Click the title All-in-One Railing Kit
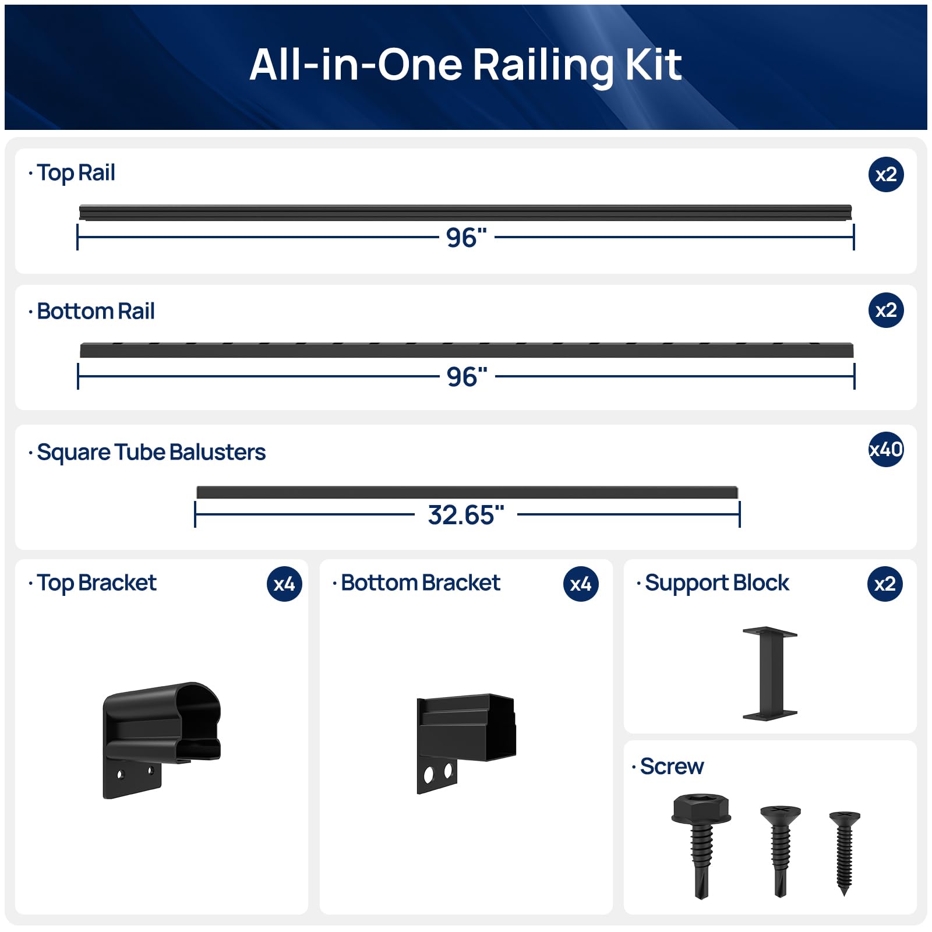point(465,65)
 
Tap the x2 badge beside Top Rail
point(886,174)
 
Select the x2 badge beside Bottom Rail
point(886,310)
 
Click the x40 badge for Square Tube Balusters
point(886,449)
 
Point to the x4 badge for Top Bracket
point(284,584)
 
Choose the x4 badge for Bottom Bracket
point(581,584)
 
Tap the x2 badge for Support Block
point(885,584)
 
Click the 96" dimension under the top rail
point(467,238)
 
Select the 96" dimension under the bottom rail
point(467,377)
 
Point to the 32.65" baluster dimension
point(466,515)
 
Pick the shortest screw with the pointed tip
point(845,853)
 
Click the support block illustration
point(769,673)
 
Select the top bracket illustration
point(162,740)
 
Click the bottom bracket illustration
point(466,743)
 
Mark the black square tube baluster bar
point(467,492)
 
